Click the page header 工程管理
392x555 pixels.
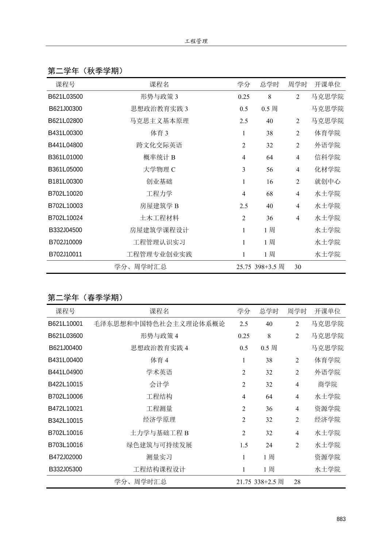click(x=196, y=41)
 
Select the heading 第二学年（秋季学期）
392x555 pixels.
click(x=85, y=71)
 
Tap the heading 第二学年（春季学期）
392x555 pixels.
click(x=85, y=298)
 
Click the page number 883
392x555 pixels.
click(x=341, y=519)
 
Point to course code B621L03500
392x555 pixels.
click(x=65, y=97)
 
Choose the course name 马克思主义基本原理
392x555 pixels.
click(x=160, y=121)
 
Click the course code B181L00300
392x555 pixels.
click(x=65, y=181)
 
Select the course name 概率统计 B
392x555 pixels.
click(x=160, y=157)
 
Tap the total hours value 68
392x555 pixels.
click(x=269, y=194)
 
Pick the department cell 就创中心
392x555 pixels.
click(x=327, y=181)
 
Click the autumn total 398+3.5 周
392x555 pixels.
click(x=269, y=267)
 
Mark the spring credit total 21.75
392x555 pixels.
click(x=243, y=482)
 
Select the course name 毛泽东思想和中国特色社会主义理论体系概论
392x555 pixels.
click(x=160, y=324)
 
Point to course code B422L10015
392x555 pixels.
click(x=65, y=384)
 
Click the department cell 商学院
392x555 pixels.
click(x=327, y=384)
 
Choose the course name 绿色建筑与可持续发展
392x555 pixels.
click(x=160, y=445)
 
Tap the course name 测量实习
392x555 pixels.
click(x=160, y=457)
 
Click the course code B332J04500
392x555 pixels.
click(x=65, y=230)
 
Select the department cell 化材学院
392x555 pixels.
click(x=327, y=169)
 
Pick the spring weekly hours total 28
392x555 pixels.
click(x=297, y=482)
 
